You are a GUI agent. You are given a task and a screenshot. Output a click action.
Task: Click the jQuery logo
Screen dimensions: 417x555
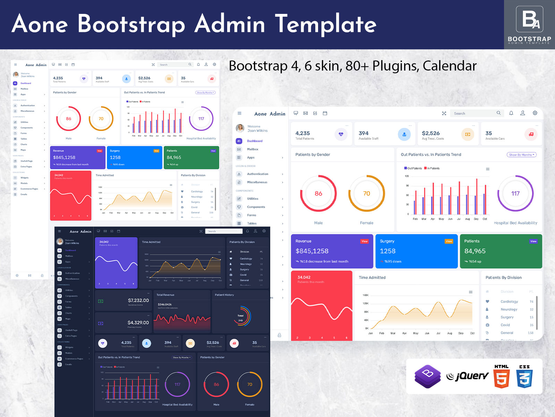click(x=467, y=376)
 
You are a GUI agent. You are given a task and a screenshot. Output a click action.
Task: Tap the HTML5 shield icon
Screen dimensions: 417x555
click(x=502, y=377)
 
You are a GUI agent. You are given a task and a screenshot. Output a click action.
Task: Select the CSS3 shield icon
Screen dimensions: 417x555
click(x=524, y=377)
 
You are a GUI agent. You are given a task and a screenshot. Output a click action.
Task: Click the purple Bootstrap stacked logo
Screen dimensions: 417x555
click(x=428, y=376)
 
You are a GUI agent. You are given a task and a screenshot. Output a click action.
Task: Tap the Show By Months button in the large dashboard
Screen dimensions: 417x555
click(x=521, y=155)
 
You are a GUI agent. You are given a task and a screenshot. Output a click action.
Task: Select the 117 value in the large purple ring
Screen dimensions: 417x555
click(x=515, y=194)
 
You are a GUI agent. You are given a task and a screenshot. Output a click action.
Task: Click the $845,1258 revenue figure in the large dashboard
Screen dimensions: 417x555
click(x=312, y=251)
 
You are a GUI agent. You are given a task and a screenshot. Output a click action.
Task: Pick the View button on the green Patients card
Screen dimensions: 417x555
click(x=533, y=241)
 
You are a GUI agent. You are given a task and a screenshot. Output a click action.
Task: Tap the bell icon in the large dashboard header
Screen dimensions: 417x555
click(x=511, y=113)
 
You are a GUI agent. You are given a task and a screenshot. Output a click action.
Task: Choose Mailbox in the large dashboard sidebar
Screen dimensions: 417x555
click(x=253, y=149)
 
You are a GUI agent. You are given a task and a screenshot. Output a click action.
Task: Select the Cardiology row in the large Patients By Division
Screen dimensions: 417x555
click(x=509, y=302)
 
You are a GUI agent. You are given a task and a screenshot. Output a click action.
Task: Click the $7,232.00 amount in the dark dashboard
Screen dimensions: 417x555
click(x=138, y=300)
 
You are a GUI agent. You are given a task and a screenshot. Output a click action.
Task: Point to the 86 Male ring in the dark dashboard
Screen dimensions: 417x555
click(x=216, y=384)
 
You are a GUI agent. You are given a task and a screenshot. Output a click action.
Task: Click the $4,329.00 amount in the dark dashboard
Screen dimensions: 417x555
click(x=138, y=322)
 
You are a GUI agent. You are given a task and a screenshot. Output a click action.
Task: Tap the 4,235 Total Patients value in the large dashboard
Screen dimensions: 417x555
click(x=302, y=133)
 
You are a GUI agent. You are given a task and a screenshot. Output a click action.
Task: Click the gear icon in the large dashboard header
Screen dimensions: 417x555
click(x=535, y=113)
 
